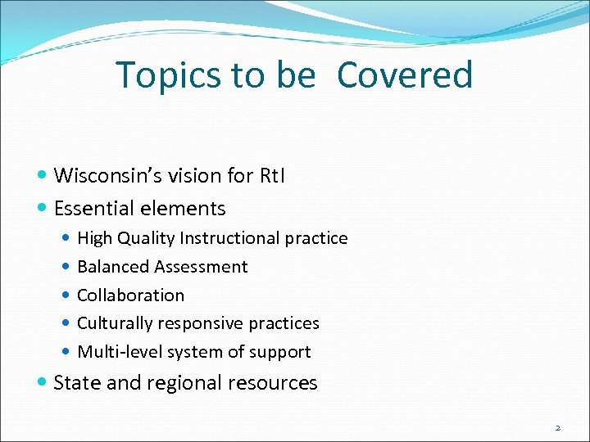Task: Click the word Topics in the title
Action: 169,75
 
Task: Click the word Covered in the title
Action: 405,75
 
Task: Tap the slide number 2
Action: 557,427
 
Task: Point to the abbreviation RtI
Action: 270,175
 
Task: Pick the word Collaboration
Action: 130,295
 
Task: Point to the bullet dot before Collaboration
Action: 66,295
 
